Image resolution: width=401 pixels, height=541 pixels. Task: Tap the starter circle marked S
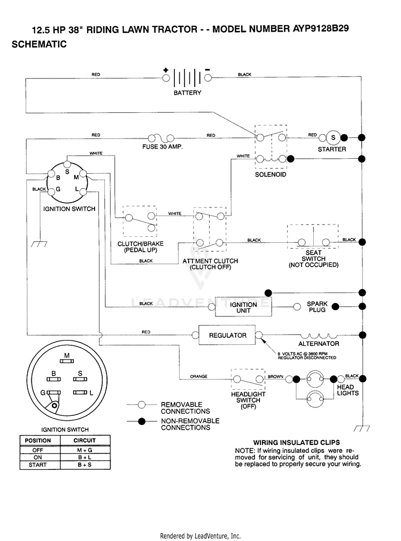pyautogui.click(x=333, y=137)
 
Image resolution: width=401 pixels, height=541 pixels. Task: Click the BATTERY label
pyautogui.click(x=187, y=93)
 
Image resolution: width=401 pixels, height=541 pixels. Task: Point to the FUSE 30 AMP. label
pyautogui.click(x=163, y=146)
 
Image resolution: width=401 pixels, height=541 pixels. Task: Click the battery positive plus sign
pyautogui.click(x=166, y=70)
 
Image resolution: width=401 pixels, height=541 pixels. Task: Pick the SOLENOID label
pyautogui.click(x=271, y=175)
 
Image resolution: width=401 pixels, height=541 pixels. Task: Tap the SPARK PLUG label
pyautogui.click(x=317, y=307)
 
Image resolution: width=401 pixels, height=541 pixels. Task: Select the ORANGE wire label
pyautogui.click(x=199, y=376)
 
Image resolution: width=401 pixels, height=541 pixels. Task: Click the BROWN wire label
pyautogui.click(x=275, y=377)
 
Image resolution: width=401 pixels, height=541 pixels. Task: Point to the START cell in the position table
pyautogui.click(x=37, y=465)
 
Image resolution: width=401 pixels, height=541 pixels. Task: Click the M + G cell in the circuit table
pyautogui.click(x=84, y=450)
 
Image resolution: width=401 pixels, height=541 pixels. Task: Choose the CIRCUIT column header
pyautogui.click(x=84, y=440)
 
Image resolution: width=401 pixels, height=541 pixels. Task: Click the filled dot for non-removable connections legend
pyautogui.click(x=142, y=421)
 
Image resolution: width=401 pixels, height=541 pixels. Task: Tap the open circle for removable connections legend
pyautogui.click(x=142, y=405)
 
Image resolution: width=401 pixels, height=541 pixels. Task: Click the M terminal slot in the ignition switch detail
pyautogui.click(x=67, y=361)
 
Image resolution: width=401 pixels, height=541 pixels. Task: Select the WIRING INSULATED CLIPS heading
pyautogui.click(x=296, y=443)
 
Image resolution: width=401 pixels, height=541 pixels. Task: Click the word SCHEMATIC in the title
pyautogui.click(x=39, y=44)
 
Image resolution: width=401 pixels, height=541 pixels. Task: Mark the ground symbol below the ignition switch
pyautogui.click(x=39, y=244)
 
